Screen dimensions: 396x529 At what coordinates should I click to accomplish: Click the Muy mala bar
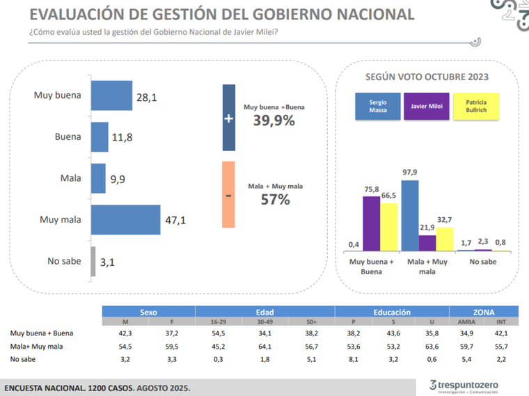[125, 220]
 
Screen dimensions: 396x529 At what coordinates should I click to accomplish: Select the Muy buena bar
[111, 95]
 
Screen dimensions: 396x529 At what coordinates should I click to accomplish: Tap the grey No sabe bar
[93, 261]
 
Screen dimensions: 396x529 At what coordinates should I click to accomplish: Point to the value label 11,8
[123, 138]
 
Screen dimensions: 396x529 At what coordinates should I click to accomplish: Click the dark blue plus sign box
[228, 118]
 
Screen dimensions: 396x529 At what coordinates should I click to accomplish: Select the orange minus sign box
[228, 195]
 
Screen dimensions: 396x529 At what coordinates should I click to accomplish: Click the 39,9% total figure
[274, 121]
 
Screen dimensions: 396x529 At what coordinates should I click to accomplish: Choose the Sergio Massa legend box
[378, 106]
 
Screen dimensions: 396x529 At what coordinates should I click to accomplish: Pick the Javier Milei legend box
[427, 106]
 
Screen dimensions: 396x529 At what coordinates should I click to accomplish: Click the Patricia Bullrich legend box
[475, 106]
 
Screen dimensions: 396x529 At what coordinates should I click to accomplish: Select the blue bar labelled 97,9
[410, 216]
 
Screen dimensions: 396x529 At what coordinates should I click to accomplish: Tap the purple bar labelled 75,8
[371, 223]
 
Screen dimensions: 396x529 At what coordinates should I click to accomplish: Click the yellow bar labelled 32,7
[444, 239]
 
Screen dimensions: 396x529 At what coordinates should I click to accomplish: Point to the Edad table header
[264, 312]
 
